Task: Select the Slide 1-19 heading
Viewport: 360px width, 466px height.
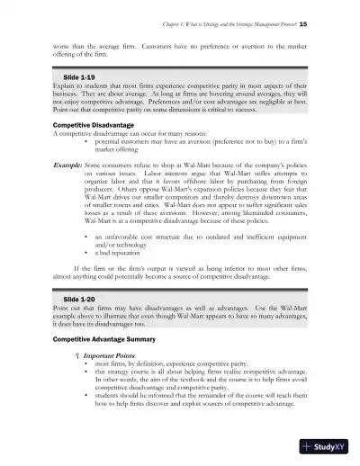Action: [68, 78]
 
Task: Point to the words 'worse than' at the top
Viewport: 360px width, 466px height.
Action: [68, 41]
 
